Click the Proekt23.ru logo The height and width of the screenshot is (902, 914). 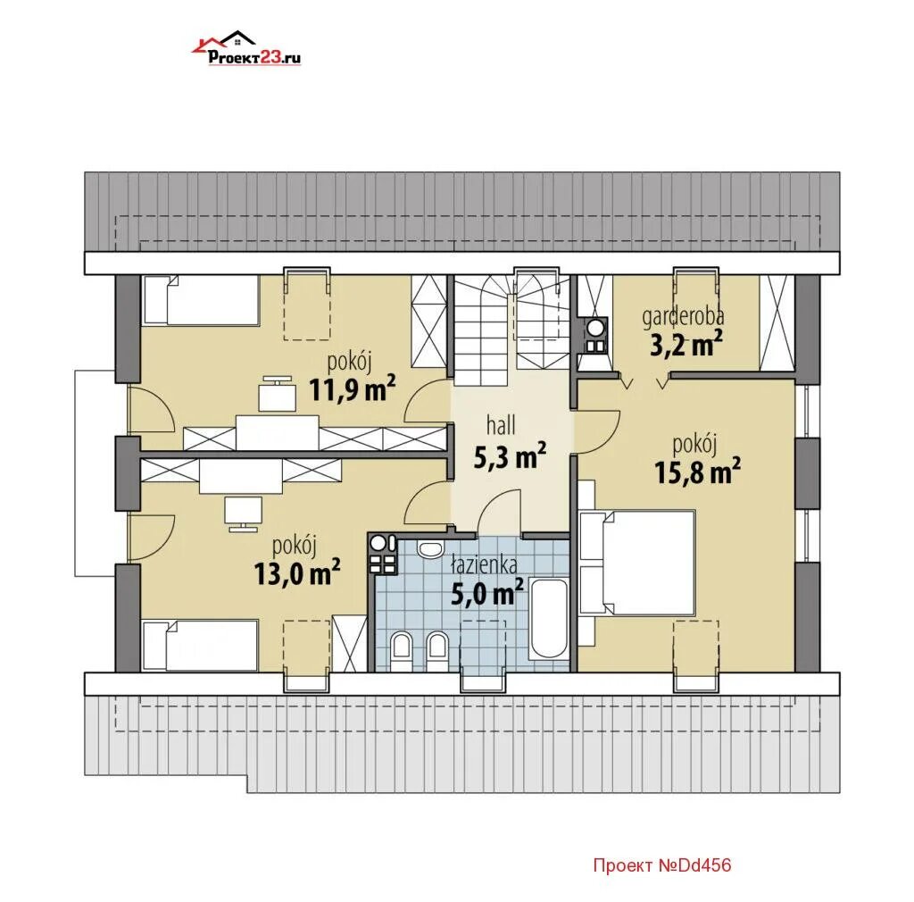(x=246, y=48)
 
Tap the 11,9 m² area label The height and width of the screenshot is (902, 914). (x=352, y=389)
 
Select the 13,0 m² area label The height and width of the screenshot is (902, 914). (x=297, y=573)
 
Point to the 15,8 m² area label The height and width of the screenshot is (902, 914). (x=698, y=472)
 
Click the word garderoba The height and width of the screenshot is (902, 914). (x=683, y=317)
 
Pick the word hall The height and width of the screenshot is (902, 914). (x=501, y=425)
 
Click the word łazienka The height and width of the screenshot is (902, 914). (x=485, y=564)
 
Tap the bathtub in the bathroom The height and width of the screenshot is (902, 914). (x=548, y=619)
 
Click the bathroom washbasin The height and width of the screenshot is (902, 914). (x=431, y=549)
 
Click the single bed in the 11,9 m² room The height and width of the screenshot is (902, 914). (x=201, y=300)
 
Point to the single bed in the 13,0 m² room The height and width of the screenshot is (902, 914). (x=200, y=646)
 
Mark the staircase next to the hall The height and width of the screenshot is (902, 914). (x=511, y=330)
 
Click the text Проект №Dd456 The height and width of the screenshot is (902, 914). (x=662, y=864)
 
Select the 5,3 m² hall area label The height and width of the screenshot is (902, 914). (x=510, y=456)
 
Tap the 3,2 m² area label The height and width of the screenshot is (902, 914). (x=686, y=345)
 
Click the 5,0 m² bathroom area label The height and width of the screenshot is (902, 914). (x=487, y=593)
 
